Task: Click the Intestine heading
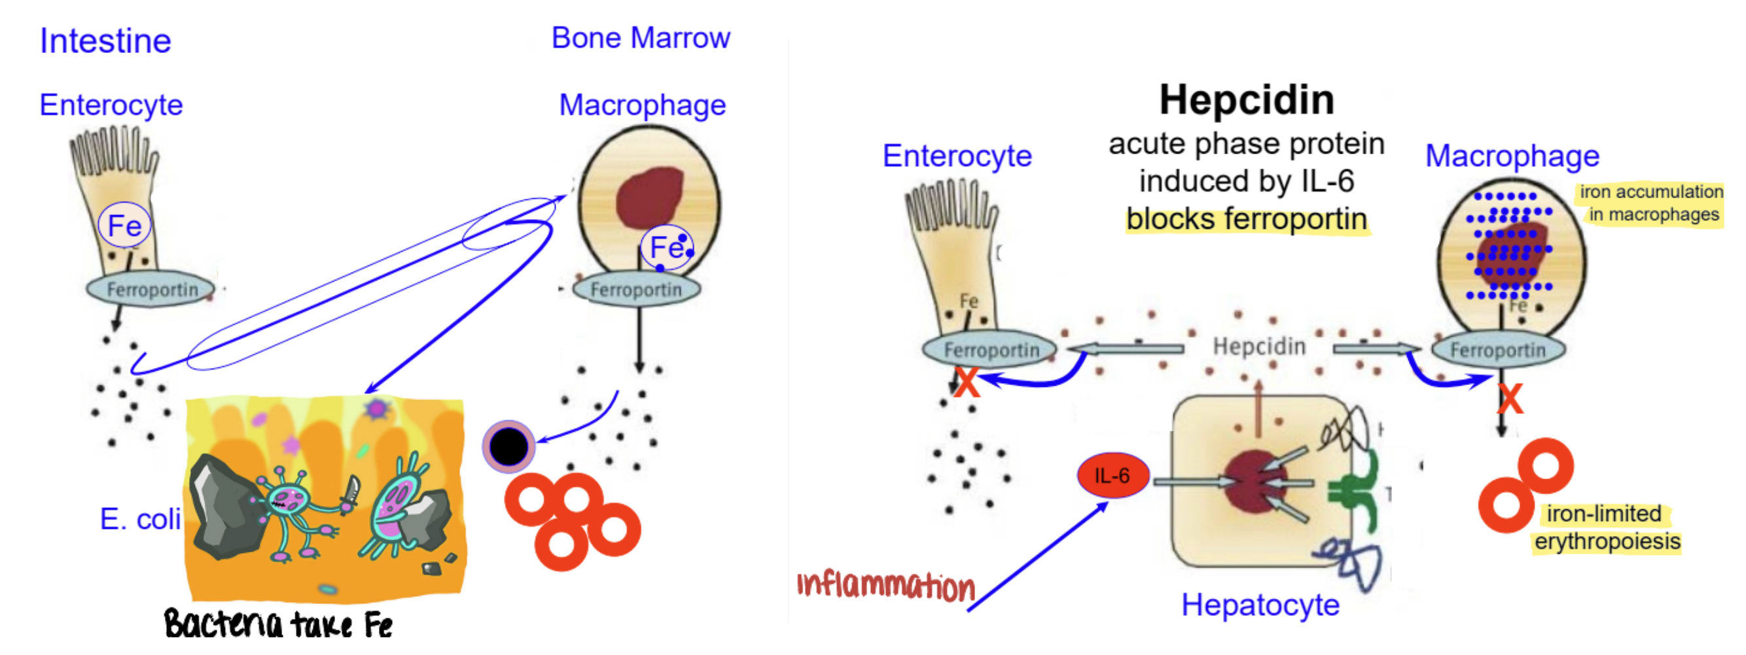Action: coord(105,41)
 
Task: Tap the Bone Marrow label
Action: coord(640,38)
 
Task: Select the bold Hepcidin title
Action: coord(1246,100)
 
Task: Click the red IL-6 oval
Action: coord(1113,475)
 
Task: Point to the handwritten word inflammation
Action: coord(885,586)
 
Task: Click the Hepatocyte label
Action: coord(1259,605)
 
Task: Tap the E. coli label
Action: coord(139,520)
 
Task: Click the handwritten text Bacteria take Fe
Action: coord(278,624)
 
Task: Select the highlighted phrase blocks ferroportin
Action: coord(1246,220)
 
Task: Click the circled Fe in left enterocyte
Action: coord(125,226)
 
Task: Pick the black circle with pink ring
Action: coord(508,446)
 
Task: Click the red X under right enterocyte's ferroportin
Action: coord(967,382)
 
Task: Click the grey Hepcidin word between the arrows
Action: coord(1258,347)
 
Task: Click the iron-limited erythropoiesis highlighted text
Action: coord(1606,528)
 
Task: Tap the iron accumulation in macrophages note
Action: coord(1650,203)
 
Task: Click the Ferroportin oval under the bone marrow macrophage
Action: coord(636,290)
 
